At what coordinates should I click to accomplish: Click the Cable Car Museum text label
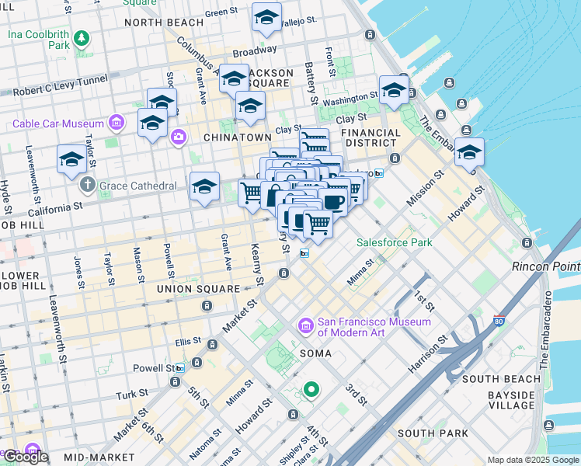coord(58,123)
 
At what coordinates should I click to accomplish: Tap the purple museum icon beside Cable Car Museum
coord(117,123)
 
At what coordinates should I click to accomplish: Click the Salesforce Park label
coord(394,242)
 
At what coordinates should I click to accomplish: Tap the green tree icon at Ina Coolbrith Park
coord(82,38)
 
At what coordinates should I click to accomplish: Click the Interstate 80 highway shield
coord(499,319)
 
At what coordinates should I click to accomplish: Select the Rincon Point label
coord(545,266)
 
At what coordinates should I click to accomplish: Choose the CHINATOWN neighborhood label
coord(235,137)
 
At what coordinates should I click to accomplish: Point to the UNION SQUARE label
coord(198,289)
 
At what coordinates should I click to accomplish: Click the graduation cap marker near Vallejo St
coord(266,19)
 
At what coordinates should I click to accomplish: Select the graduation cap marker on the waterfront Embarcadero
coord(469,153)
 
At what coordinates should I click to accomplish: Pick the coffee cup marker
coord(332,203)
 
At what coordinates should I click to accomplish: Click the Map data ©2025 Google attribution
coord(532,460)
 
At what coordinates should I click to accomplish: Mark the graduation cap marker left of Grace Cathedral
coord(72,159)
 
